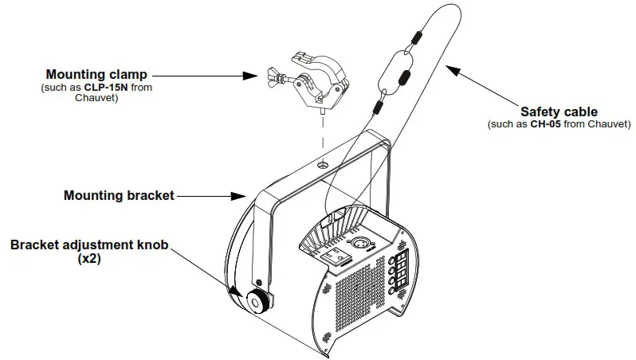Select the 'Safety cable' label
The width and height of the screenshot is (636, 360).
559,112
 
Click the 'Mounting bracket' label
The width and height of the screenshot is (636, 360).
119,194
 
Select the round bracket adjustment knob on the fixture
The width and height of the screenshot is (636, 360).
257,302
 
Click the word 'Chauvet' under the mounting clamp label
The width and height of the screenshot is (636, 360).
90,98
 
